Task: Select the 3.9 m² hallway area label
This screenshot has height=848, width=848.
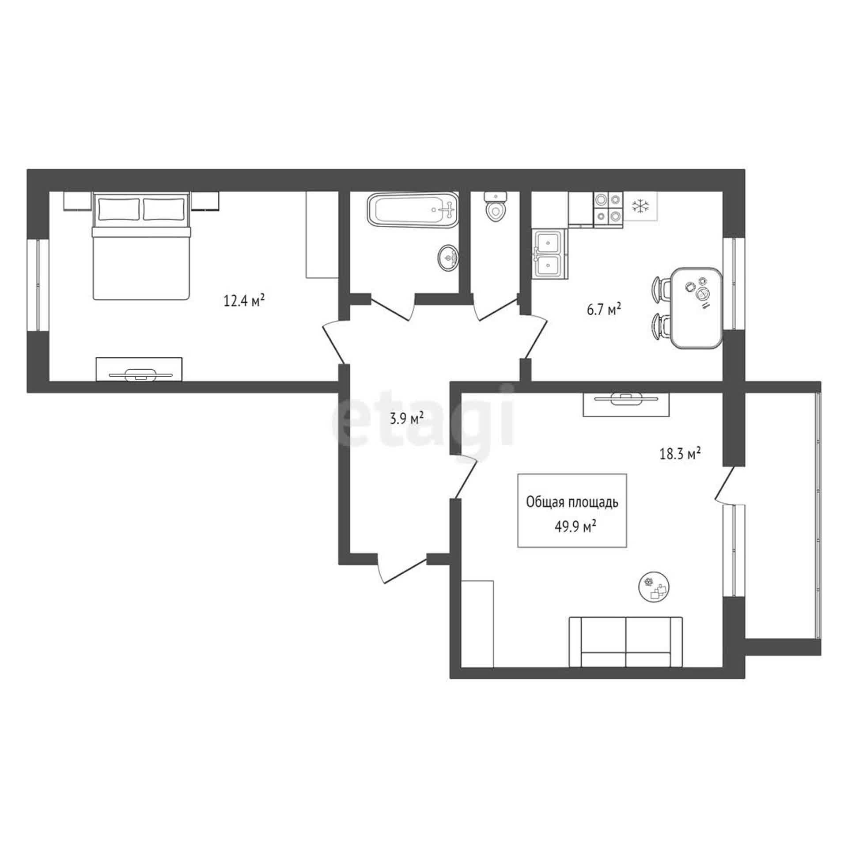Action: pos(407,418)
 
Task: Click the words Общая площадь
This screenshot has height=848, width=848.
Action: pos(572,503)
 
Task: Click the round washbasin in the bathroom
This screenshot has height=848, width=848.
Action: pos(448,257)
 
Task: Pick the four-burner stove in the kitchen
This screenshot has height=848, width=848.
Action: pos(608,209)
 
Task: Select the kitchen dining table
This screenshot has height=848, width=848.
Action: pos(696,308)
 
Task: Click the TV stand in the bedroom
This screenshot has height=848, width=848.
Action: pos(139,369)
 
